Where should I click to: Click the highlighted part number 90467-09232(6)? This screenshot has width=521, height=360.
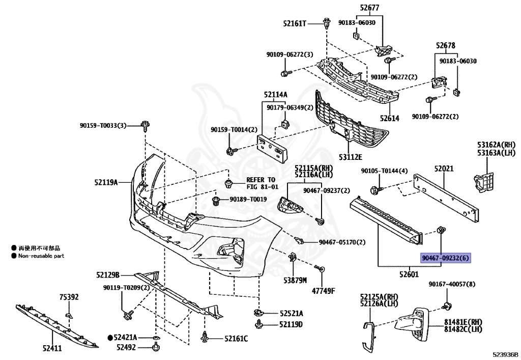[x=446, y=258]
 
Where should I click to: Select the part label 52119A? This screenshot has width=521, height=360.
[x=106, y=182]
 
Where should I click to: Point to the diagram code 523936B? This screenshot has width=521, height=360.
[x=505, y=354]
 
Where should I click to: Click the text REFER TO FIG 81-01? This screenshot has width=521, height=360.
[x=261, y=183]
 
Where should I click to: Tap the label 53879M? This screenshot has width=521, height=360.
[x=295, y=280]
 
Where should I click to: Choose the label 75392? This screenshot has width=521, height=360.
[x=69, y=297]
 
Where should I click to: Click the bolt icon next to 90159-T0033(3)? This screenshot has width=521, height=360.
[x=145, y=125]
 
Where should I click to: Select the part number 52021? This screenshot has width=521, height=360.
[x=444, y=169]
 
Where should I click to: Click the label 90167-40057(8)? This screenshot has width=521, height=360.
[x=451, y=284]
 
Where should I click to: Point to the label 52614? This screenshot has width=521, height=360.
[x=389, y=118]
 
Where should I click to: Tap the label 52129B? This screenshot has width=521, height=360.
[x=107, y=275]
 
